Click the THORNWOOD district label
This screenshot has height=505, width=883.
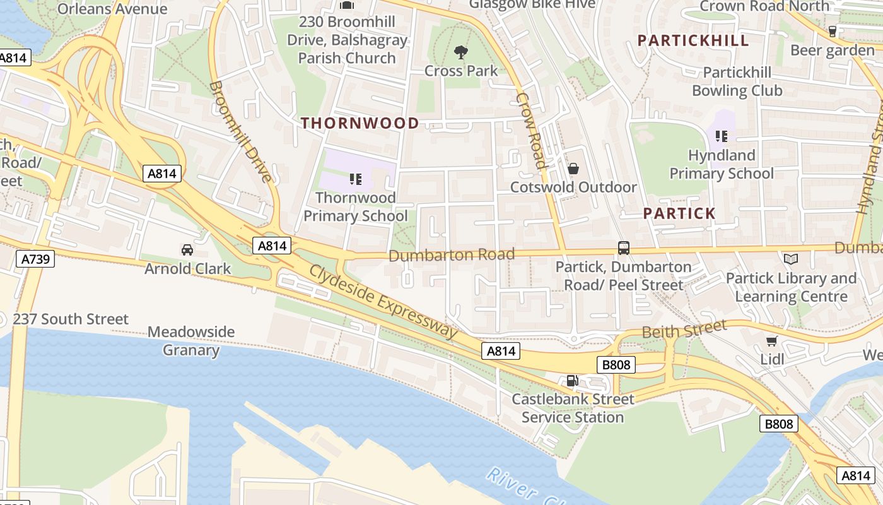[360, 123]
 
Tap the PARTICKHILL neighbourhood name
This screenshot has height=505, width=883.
[693, 41]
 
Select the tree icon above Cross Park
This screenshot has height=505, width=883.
[461, 52]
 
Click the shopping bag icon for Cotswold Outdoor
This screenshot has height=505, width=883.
[573, 169]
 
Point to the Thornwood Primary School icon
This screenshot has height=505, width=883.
[356, 179]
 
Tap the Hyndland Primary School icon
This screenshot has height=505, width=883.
[722, 136]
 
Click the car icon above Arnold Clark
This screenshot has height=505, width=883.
[187, 250]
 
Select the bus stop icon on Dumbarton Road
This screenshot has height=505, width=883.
[624, 248]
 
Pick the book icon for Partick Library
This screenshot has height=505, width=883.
[790, 259]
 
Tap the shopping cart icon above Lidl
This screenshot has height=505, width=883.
[771, 342]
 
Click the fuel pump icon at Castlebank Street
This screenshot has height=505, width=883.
[572, 380]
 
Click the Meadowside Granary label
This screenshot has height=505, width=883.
[190, 341]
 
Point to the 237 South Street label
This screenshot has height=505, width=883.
[71, 319]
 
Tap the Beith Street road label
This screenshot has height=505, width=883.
[684, 330]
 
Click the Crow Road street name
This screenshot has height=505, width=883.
[531, 131]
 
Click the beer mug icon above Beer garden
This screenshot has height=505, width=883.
[832, 31]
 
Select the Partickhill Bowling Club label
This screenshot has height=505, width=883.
[737, 81]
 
